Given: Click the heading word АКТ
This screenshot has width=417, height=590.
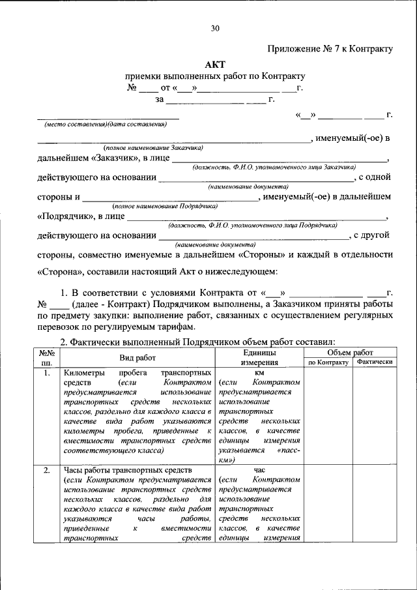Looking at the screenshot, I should [215, 64].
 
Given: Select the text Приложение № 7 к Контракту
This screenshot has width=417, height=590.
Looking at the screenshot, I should [330, 48].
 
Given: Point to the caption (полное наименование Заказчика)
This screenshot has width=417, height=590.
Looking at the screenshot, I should [154, 147].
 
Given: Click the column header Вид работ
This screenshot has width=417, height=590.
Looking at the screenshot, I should [137, 357].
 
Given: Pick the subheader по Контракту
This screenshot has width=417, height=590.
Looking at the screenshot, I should [328, 362].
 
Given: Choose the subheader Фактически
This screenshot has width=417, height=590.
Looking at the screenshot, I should [374, 362].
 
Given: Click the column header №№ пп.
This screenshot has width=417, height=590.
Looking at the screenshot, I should [47, 357].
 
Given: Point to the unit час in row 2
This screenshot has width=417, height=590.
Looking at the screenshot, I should [259, 470].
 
